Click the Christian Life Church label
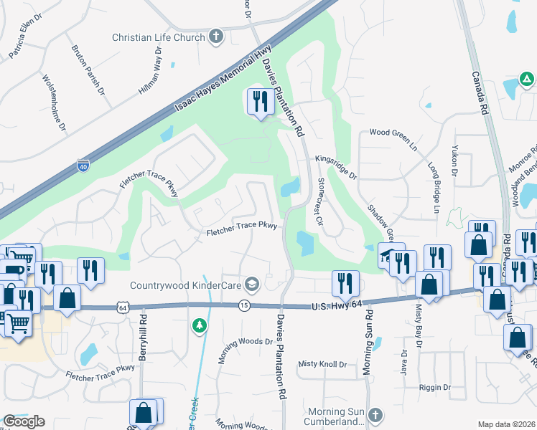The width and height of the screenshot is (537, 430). click(x=158, y=37)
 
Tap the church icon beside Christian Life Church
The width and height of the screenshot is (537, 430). click(x=216, y=37)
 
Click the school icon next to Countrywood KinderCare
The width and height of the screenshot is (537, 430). click(x=251, y=285)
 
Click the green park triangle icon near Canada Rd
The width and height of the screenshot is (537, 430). click(x=526, y=79)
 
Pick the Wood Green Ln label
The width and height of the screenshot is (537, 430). click(x=393, y=133)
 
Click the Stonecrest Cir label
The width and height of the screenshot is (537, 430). click(x=321, y=202)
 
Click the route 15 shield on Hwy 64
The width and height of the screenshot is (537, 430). click(x=245, y=306)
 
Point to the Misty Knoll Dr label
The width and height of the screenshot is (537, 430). click(x=322, y=364)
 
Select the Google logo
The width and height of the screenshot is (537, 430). click(x=24, y=421)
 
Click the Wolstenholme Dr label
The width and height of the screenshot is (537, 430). click(x=55, y=103)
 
